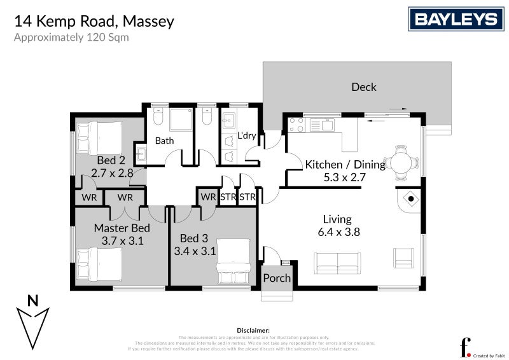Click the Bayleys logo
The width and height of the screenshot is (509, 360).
pyautogui.click(x=456, y=19)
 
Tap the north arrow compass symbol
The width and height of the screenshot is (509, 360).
pyautogui.click(x=33, y=318)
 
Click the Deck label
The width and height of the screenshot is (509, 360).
pyautogui.click(x=364, y=87)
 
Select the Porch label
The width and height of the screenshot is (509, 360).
pyautogui.click(x=277, y=278)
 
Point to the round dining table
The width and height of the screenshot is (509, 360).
pyautogui.click(x=401, y=162)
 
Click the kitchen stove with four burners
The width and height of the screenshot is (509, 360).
pyautogui.click(x=296, y=123)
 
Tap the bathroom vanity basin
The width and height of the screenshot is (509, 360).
pyautogui.click(x=141, y=155)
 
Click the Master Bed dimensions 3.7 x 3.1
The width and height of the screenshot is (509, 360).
pyautogui.click(x=122, y=241)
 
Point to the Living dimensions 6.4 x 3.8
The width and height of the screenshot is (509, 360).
pyautogui.click(x=339, y=232)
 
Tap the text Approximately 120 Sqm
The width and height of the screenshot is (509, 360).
pyautogui.click(x=71, y=37)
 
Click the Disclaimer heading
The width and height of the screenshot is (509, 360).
pyautogui.click(x=254, y=331)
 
